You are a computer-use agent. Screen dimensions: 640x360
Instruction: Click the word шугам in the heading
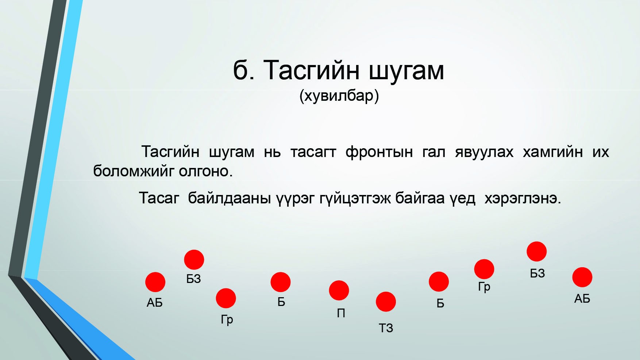tap(406, 70)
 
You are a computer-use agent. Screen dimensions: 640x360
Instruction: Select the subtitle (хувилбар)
tap(339, 96)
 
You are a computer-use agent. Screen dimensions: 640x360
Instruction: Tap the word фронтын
tap(379, 152)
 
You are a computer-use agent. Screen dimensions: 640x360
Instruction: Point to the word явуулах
tap(484, 152)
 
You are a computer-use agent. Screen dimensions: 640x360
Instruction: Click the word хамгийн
tap(552, 152)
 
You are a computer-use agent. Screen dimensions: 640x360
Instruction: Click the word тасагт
tap(313, 152)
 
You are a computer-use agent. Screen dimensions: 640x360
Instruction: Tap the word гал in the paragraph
tap(434, 152)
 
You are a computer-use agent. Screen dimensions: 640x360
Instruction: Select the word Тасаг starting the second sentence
tap(159, 198)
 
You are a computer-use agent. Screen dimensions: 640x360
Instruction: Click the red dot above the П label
tap(339, 290)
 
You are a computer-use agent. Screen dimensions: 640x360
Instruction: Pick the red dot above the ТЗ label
tap(386, 302)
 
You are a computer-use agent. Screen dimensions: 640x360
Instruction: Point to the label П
tap(341, 313)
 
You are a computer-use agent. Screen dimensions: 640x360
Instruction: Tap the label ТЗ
tap(386, 328)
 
